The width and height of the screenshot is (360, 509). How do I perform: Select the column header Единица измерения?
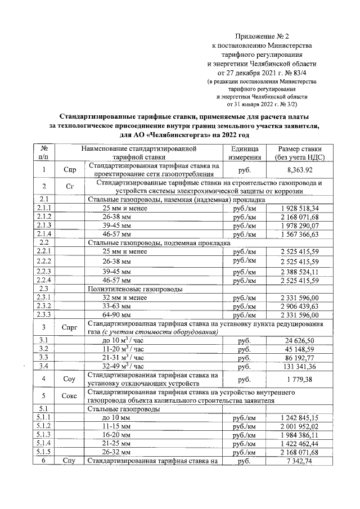(244, 153)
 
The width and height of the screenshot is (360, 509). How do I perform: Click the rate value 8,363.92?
(299, 170)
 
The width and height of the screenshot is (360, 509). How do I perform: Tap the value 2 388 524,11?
(299, 271)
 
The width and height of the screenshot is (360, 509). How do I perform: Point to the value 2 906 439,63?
(299, 306)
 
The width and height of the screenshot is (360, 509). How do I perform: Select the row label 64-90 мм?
(117, 315)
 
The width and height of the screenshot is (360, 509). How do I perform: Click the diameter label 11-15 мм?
(117, 426)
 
